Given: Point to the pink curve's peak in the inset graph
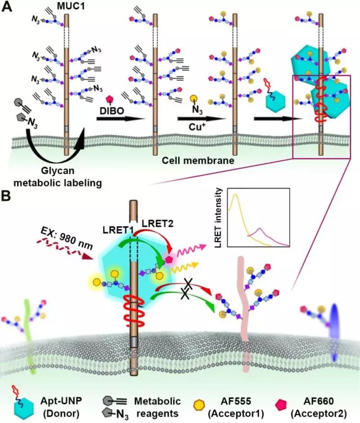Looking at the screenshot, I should coord(261,230).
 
